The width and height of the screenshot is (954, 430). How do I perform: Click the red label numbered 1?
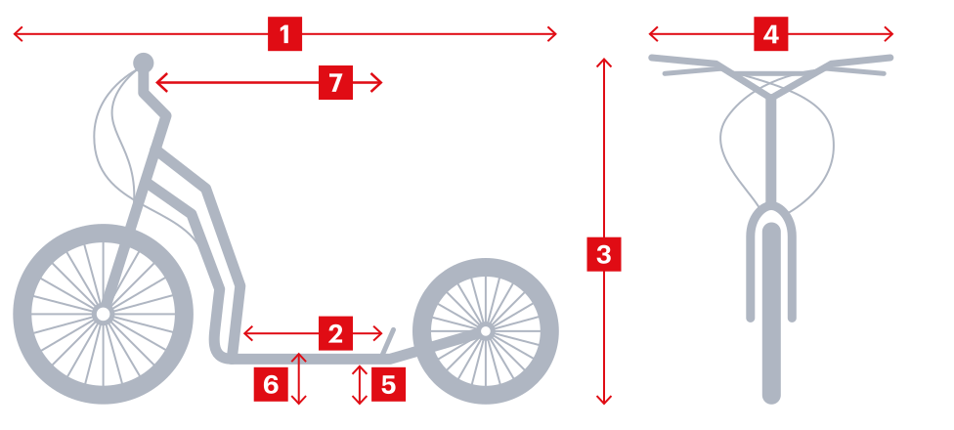click(x=284, y=35)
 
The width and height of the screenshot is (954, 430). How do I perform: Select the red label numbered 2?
click(x=335, y=334)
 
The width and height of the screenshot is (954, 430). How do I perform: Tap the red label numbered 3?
click(x=603, y=255)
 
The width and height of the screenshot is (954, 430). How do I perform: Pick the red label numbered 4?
click(x=771, y=35)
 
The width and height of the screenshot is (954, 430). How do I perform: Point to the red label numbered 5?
click(x=388, y=384)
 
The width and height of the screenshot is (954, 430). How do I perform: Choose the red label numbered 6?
click(x=271, y=384)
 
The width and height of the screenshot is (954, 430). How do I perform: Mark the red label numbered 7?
click(x=335, y=83)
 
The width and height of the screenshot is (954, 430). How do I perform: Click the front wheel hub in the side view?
click(x=101, y=313)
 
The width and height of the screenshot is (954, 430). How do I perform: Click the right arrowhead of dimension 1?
click(x=553, y=35)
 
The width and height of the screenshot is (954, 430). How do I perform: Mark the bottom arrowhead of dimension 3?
click(x=603, y=400)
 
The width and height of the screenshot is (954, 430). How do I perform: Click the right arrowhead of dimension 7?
click(x=378, y=83)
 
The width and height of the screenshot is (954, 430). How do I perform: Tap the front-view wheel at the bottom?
click(x=771, y=313)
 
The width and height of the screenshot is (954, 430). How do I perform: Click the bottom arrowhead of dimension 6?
click(x=299, y=400)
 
